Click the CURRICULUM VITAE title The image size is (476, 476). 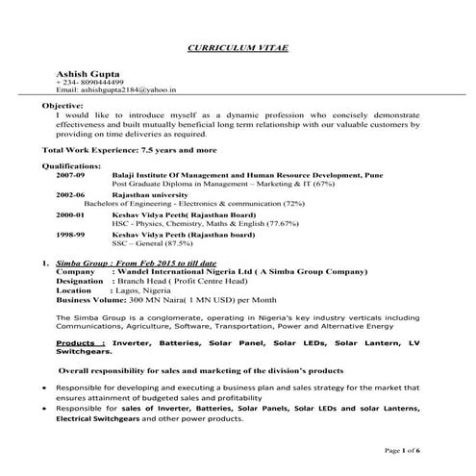[238, 47]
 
